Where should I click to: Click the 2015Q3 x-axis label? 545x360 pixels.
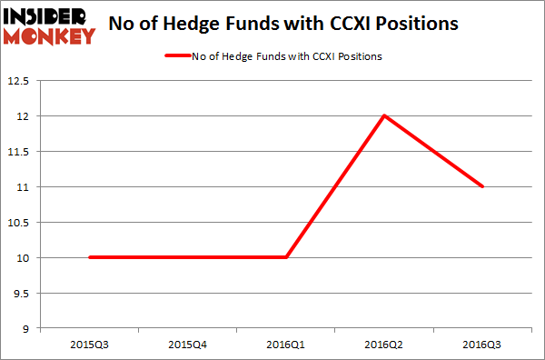pyautogui.click(x=90, y=345)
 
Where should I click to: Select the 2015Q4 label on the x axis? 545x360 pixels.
pyautogui.click(x=188, y=345)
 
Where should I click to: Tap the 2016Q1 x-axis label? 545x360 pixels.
pyautogui.click(x=286, y=345)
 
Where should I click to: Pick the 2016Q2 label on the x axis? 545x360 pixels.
pyautogui.click(x=384, y=345)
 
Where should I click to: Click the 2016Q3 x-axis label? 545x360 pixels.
pyautogui.click(x=482, y=345)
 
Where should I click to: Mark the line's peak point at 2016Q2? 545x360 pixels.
pyautogui.click(x=384, y=115)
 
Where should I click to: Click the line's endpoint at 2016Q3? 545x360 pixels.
pyautogui.click(x=482, y=186)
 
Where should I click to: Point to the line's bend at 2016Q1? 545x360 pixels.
pyautogui.click(x=286, y=257)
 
